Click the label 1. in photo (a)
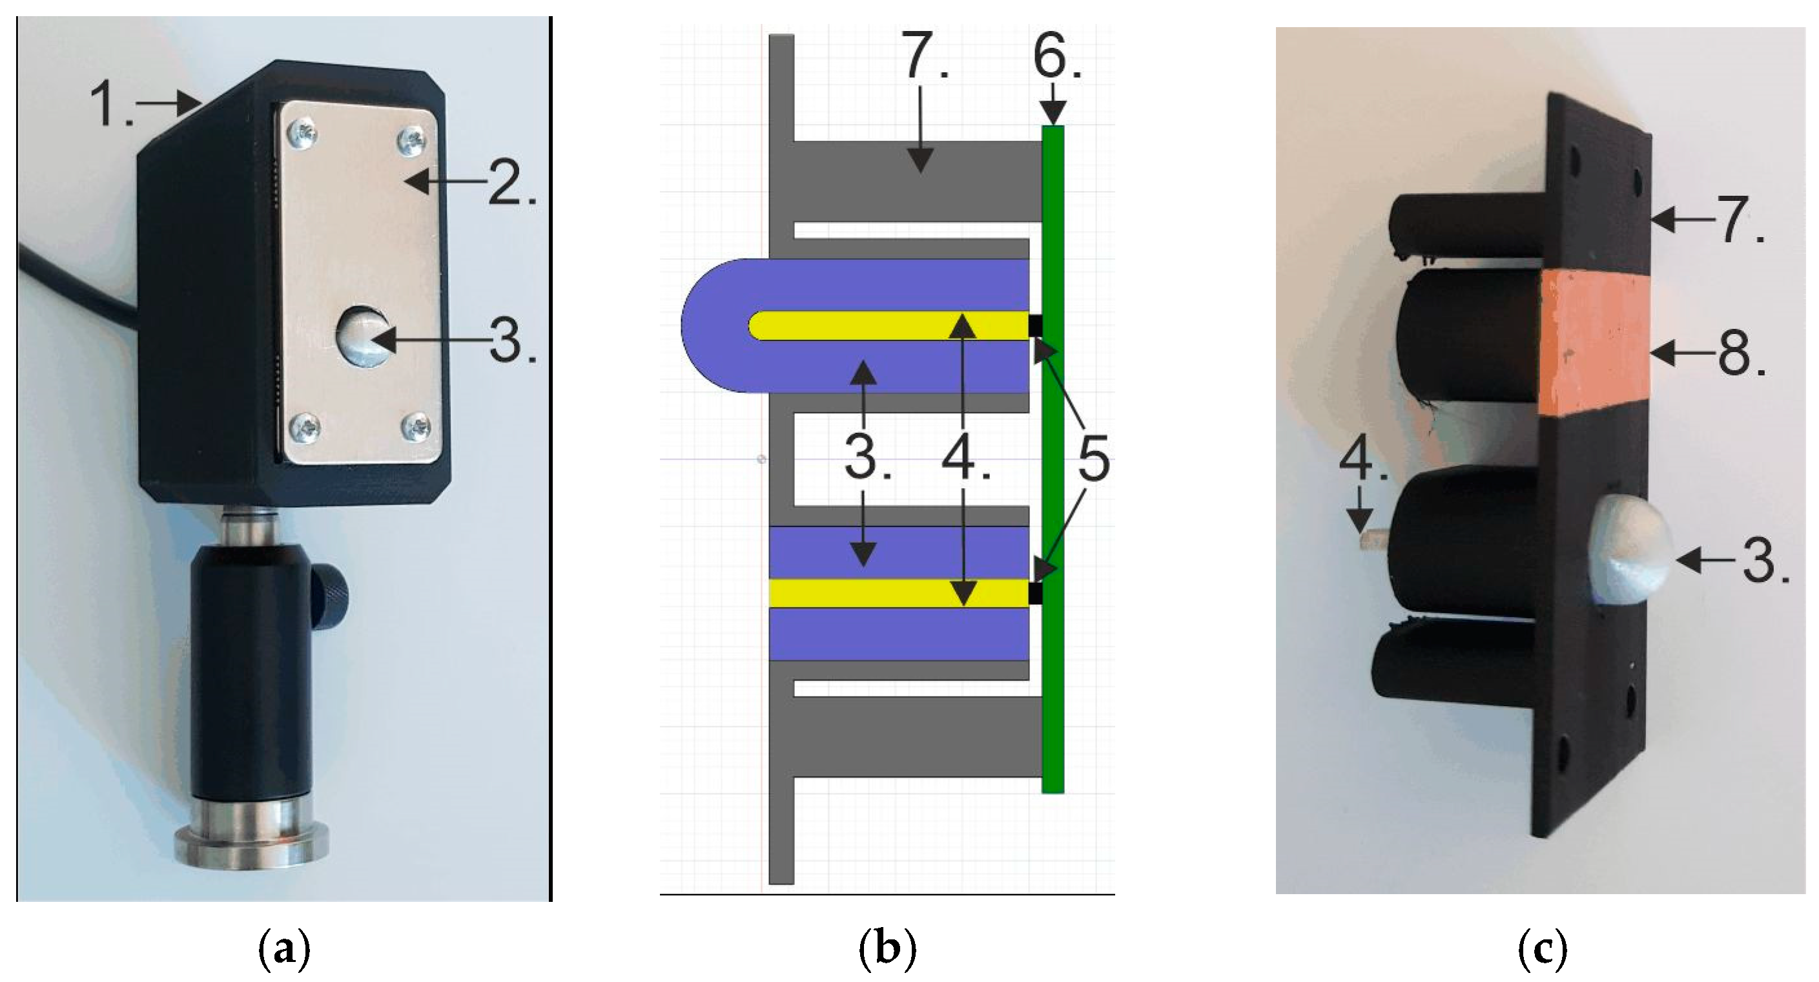point(112,105)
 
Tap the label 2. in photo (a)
point(511,182)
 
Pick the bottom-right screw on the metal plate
point(414,426)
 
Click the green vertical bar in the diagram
point(1053,459)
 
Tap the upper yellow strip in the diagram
point(890,326)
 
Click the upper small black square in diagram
point(1036,326)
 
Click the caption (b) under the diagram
point(887,950)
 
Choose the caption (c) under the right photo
point(1542,950)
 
